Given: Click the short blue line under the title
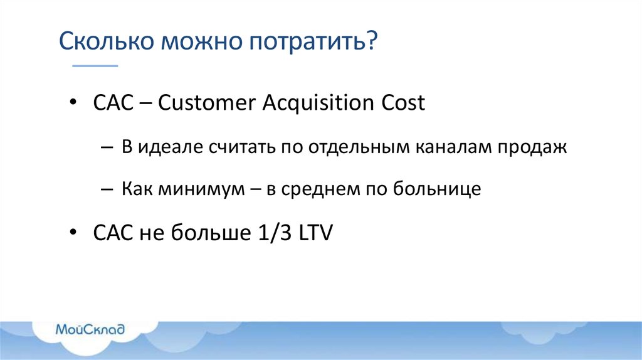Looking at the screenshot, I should (x=95, y=65).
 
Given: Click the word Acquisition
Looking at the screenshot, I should (x=318, y=103).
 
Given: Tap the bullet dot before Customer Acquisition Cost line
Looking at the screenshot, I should (x=74, y=103).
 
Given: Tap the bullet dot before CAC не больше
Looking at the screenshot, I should (x=74, y=234).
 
